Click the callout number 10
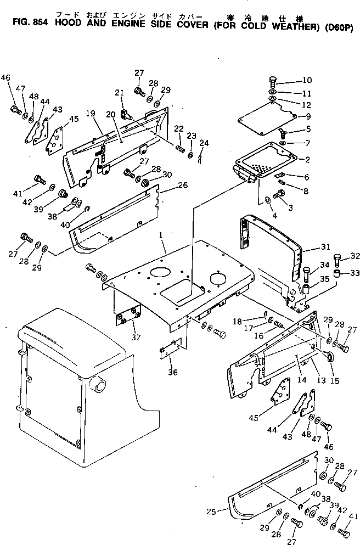click(306, 80)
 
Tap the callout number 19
click(91, 114)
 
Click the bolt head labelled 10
click(274, 80)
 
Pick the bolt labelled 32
click(338, 258)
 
